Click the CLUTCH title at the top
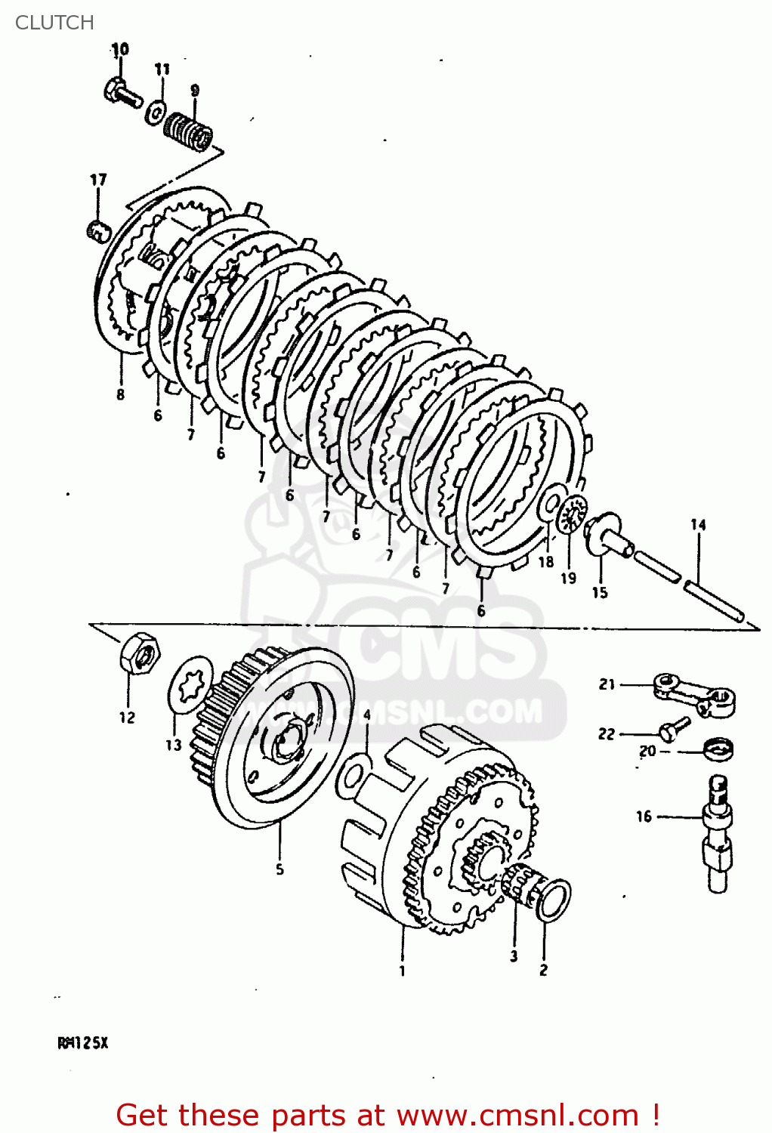(x=54, y=23)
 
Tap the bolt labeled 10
(x=123, y=93)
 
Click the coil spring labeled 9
(x=189, y=130)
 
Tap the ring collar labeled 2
(x=554, y=900)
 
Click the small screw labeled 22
(x=673, y=729)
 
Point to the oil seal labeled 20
(x=718, y=750)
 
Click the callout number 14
(x=698, y=524)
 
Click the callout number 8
(x=120, y=394)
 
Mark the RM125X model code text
(x=83, y=1042)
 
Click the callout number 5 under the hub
(x=279, y=869)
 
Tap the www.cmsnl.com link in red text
(x=517, y=1115)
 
